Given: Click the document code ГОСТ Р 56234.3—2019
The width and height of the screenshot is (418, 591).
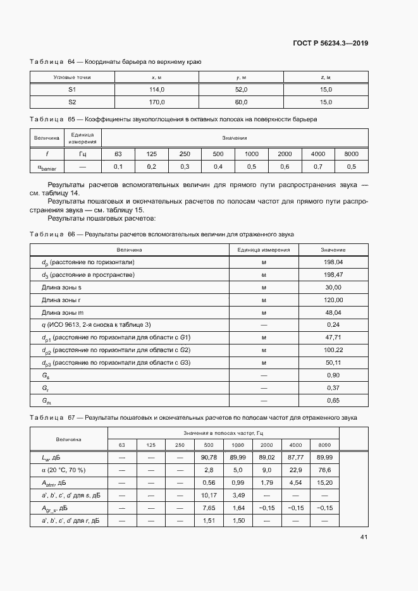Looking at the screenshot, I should coord(331,44).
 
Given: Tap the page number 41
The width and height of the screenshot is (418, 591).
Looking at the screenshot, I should coord(364,537).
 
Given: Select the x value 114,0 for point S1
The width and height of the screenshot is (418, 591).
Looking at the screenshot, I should coord(156,90).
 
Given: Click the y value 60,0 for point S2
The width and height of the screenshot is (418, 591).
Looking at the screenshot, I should coord(241,102).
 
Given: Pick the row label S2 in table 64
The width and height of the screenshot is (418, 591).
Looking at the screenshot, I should coord(72,102).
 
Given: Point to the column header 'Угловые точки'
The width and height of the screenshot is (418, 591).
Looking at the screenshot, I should coord(72,77).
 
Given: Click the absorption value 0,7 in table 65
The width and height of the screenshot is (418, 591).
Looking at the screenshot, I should coord(318,166).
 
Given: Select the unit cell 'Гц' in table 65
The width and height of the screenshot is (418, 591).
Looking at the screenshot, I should coord(82,154).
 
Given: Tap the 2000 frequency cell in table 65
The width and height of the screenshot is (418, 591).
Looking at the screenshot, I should coord(285,154).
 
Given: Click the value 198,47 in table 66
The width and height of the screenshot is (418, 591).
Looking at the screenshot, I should coord(333,274).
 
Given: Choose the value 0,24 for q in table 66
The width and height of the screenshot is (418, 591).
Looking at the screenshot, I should coord(333,324).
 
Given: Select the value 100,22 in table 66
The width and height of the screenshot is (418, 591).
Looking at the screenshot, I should coord(333,350).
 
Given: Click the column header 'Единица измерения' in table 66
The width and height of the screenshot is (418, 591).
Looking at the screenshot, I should coord(263,250).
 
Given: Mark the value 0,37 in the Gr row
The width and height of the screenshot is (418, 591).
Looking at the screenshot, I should coord(333,387).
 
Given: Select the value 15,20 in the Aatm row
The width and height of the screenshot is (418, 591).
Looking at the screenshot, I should coord(324,482).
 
